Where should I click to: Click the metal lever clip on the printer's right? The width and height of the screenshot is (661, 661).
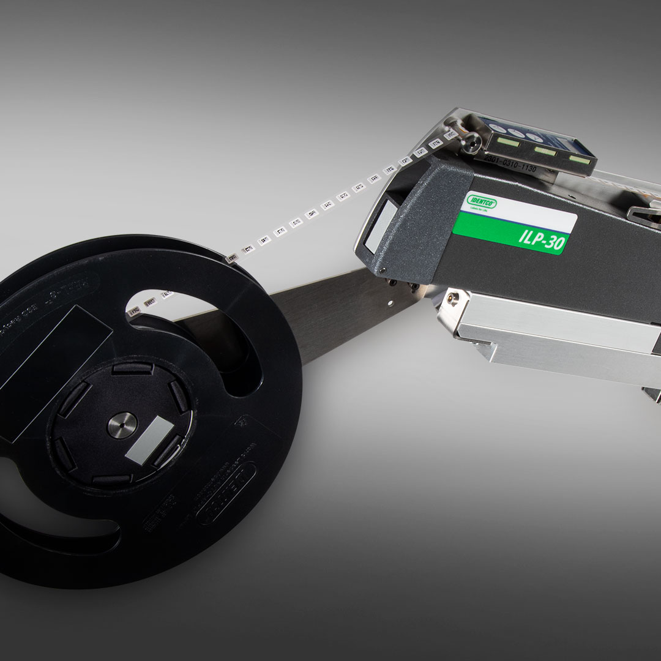pos(643,214)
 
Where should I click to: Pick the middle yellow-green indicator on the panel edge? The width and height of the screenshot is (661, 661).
pos(543,151)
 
